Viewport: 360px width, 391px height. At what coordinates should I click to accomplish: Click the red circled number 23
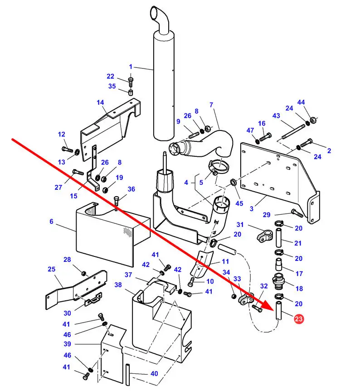pyautogui.click(x=298, y=320)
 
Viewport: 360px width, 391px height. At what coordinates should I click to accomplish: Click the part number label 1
pyautogui.click(x=131, y=67)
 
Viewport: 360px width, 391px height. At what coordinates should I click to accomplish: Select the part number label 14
pyautogui.click(x=100, y=103)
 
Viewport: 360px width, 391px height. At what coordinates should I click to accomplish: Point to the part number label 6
pyautogui.click(x=52, y=222)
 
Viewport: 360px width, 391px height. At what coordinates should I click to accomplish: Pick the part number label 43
pyautogui.click(x=277, y=116)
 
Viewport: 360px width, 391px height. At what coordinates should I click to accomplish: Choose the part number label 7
pyautogui.click(x=211, y=105)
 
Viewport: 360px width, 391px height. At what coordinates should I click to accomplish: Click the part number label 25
pyautogui.click(x=51, y=270)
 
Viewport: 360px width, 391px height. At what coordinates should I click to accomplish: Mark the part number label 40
pyautogui.click(x=155, y=374)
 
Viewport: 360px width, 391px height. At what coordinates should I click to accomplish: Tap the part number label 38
pyautogui.click(x=118, y=285)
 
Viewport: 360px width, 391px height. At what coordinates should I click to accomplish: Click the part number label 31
pyautogui.click(x=240, y=225)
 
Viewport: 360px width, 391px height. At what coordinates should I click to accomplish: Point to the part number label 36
pyautogui.click(x=131, y=189)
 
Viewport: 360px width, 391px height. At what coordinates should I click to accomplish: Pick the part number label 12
pyautogui.click(x=62, y=135)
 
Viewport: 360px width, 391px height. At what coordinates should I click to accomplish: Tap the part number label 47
pyautogui.click(x=250, y=130)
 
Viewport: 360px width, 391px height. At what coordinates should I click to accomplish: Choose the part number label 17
pyautogui.click(x=299, y=274)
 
